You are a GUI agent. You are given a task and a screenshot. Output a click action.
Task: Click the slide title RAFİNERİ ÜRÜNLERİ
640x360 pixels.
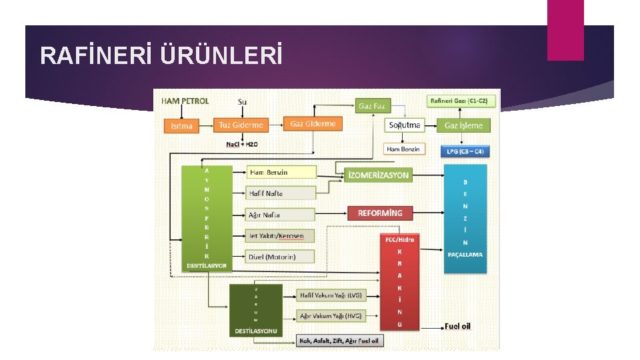point(161,56)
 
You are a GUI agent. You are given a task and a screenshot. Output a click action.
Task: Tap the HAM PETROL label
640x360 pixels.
point(185,101)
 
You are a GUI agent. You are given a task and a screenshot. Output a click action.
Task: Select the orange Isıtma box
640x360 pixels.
point(182,125)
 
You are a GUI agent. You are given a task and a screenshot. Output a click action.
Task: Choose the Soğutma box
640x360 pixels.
point(404,125)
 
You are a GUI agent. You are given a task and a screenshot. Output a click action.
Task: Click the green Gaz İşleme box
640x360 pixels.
point(463,125)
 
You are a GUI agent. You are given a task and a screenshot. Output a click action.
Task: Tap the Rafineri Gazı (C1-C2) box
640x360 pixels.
point(460,101)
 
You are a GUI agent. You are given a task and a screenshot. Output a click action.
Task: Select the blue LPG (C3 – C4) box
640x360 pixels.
point(464,151)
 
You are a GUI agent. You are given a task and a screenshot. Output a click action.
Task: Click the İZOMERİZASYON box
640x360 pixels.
point(378,175)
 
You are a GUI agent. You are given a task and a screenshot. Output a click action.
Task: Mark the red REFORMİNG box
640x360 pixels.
point(380,213)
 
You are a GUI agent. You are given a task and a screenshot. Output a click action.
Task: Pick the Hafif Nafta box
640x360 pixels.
point(281,193)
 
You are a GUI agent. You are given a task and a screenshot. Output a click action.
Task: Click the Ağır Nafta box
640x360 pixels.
point(281,215)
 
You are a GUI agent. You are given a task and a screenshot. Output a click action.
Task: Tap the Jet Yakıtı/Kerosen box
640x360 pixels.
point(281,236)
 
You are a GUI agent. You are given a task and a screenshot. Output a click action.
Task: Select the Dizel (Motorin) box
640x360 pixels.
point(281,257)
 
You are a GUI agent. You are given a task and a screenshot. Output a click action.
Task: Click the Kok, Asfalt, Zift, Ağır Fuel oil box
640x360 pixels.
point(339,341)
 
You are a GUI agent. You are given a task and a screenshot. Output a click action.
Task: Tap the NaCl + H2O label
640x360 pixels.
point(241,144)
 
